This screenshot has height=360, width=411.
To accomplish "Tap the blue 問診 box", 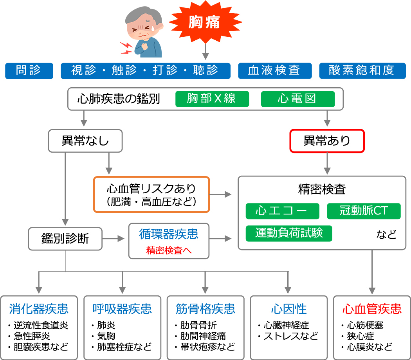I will pyautogui.click(x=29, y=71).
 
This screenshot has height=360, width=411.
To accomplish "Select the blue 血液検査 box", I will pyautogui.click(x=275, y=71).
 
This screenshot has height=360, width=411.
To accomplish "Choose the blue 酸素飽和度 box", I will pyautogui.click(x=362, y=71).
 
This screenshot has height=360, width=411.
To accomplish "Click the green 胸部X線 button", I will pyautogui.click(x=212, y=99).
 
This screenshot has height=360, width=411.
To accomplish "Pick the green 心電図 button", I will pyautogui.click(x=297, y=99).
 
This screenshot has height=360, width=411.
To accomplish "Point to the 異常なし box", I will pyautogui.click(x=85, y=141).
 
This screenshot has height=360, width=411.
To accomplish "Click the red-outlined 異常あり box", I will pyautogui.click(x=327, y=141).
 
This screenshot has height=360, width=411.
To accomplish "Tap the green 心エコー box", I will pyautogui.click(x=282, y=211).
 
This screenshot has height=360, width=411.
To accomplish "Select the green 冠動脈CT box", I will pyautogui.click(x=364, y=211).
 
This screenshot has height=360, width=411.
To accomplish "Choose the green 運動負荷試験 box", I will pyautogui.click(x=289, y=233).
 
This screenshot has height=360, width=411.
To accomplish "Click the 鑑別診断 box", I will pyautogui.click(x=65, y=238).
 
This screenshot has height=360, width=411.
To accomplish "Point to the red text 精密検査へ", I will pyautogui.click(x=169, y=250).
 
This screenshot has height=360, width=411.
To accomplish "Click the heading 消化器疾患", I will pyautogui.click(x=39, y=309).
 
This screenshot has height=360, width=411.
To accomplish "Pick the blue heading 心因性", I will pyautogui.click(x=288, y=309).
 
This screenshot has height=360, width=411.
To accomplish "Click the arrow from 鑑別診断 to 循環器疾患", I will pyautogui.click(x=115, y=238).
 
